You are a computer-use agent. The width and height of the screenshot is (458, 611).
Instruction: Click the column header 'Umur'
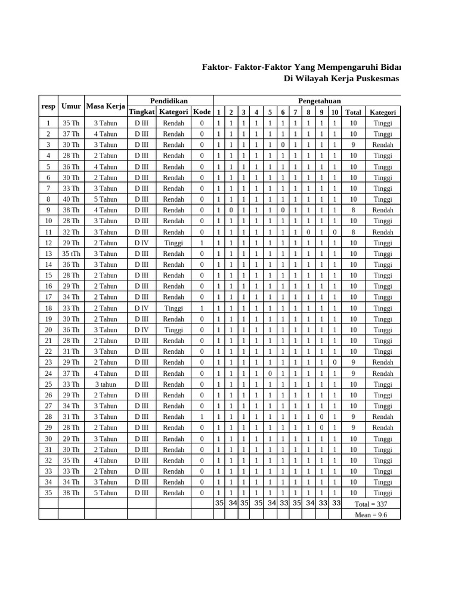coord(70,106)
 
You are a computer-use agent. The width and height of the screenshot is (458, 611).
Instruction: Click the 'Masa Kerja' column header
coord(106,106)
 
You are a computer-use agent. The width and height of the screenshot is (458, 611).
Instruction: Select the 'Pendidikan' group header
coord(169,101)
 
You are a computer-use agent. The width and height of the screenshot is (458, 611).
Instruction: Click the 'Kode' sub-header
coord(202,112)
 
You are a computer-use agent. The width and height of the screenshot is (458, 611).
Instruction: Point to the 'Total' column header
coord(353,112)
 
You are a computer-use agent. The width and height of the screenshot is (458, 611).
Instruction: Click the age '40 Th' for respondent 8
coord(70,199)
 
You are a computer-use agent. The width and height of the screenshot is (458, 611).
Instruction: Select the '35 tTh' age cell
coord(70,254)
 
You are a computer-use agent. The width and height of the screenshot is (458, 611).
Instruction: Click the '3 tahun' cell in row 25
coord(106,384)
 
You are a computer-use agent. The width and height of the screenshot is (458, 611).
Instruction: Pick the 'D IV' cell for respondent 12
coord(141,243)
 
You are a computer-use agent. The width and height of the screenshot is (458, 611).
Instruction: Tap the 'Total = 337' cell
coord(375,504)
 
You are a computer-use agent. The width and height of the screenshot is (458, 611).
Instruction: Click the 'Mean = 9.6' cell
coord(371,514)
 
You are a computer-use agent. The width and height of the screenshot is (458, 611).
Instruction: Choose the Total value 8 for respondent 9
coord(353,210)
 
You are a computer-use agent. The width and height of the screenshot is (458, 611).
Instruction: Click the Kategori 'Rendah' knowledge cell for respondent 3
coord(382,145)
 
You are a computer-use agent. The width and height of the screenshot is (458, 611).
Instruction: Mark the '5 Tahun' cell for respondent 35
coord(106,493)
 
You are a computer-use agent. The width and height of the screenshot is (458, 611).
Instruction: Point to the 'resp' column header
coord(48,106)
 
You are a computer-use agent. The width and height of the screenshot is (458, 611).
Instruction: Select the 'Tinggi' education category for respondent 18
coord(174,308)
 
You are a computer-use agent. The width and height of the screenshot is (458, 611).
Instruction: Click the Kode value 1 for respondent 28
coord(202,417)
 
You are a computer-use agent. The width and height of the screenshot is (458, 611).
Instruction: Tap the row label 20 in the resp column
coord(48,330)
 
